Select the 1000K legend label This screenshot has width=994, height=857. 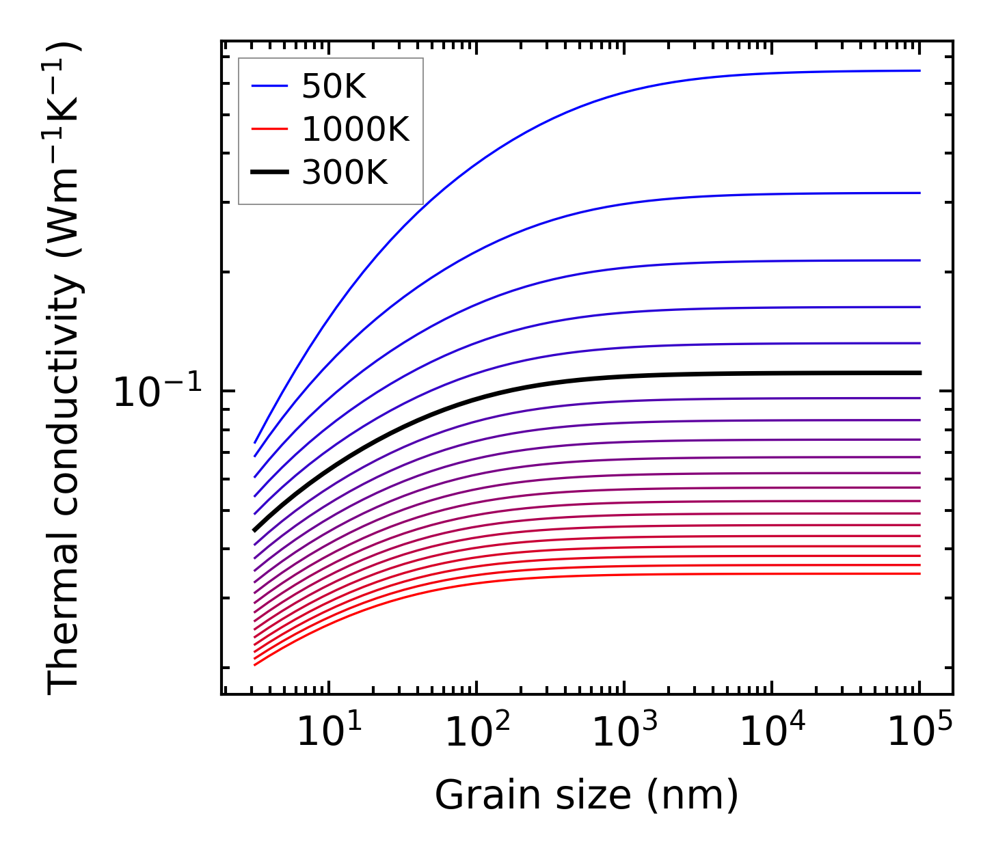click(x=355, y=129)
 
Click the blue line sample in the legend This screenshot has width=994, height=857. click(x=269, y=86)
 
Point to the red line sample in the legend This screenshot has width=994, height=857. click(x=269, y=129)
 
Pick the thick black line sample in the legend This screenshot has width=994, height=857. click(x=269, y=173)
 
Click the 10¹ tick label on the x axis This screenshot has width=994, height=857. click(x=329, y=733)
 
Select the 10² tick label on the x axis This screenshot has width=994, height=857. click(x=476, y=733)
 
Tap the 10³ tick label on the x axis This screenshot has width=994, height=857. click(x=624, y=733)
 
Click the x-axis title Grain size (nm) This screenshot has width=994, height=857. click(x=587, y=795)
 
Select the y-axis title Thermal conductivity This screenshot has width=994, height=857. click(x=64, y=369)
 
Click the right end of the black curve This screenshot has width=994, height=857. click(x=919, y=372)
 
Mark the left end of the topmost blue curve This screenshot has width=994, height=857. click(x=255, y=442)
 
